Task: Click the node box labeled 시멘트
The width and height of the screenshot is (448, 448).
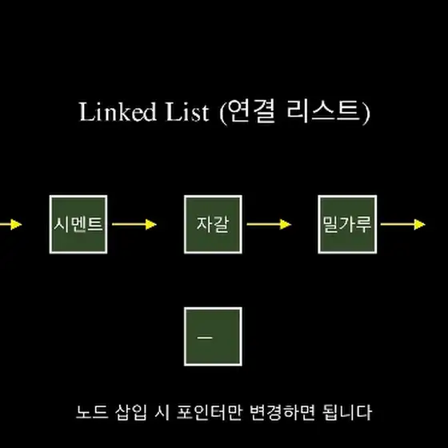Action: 78,224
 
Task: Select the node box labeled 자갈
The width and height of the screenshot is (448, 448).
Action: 213,224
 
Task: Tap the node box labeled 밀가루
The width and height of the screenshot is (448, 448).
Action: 347,224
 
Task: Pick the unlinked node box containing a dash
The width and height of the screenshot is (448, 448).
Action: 213,337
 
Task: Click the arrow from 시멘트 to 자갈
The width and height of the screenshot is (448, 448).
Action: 134,224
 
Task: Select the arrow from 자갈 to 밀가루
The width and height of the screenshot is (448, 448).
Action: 269,224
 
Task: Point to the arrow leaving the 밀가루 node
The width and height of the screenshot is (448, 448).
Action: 403,224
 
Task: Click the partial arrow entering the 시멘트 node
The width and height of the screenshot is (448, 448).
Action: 11,224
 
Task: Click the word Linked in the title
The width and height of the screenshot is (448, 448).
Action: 118,112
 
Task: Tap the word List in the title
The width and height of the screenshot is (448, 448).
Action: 187,112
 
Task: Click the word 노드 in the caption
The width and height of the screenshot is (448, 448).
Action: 92,412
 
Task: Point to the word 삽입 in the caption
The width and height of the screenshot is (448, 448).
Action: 131,412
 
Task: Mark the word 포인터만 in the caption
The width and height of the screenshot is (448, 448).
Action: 210,412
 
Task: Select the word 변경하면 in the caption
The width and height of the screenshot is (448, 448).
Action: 282,412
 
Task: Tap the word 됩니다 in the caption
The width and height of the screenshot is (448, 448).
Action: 347,412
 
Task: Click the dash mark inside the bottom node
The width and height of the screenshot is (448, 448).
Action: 205,338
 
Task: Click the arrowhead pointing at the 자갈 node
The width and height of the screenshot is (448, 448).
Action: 151,224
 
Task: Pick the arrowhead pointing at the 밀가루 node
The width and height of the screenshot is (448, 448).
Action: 286,224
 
